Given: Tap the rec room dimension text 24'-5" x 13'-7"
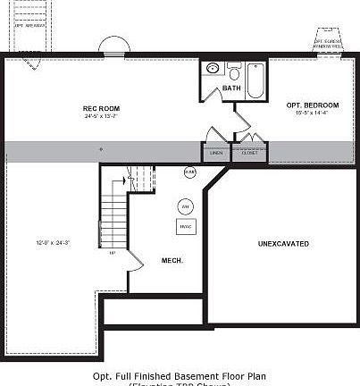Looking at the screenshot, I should (x=101, y=116).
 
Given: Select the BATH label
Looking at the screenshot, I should (x=231, y=88).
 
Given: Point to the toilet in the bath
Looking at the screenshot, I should (x=234, y=70).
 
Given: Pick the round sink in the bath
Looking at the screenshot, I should (x=213, y=69).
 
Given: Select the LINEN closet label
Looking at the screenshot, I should (x=215, y=153).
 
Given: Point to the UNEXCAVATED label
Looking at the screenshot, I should (x=283, y=243).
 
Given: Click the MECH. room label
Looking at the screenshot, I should (x=172, y=261).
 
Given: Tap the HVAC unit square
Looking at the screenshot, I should (x=187, y=225).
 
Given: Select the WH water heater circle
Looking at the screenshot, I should (x=186, y=206).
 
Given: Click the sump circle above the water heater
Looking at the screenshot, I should (x=189, y=172).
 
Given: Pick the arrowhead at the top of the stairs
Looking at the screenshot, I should (x=130, y=180).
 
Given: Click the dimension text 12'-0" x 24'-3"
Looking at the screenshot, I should (x=53, y=243).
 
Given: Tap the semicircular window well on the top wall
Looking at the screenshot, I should (x=113, y=46).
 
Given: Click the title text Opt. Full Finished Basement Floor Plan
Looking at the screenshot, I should (x=180, y=376).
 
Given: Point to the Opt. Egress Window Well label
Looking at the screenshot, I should (x=329, y=42).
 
